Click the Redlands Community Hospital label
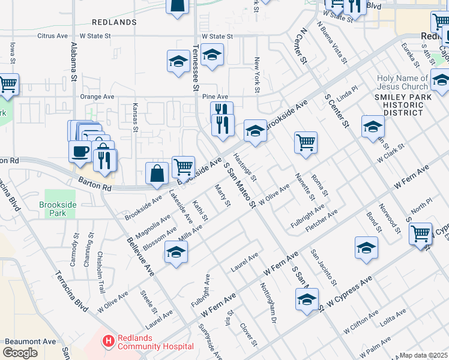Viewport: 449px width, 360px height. [x=155, y=342]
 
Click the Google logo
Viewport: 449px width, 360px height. [x=20, y=353]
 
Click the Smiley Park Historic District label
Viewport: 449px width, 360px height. [x=399, y=105]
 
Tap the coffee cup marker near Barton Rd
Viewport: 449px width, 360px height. [x=80, y=152]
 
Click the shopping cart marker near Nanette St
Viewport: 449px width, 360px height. [x=306, y=143]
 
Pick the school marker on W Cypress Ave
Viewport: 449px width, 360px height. [x=307, y=299]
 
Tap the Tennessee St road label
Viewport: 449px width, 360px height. [x=195, y=71]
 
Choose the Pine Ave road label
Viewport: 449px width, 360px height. [x=215, y=96]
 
